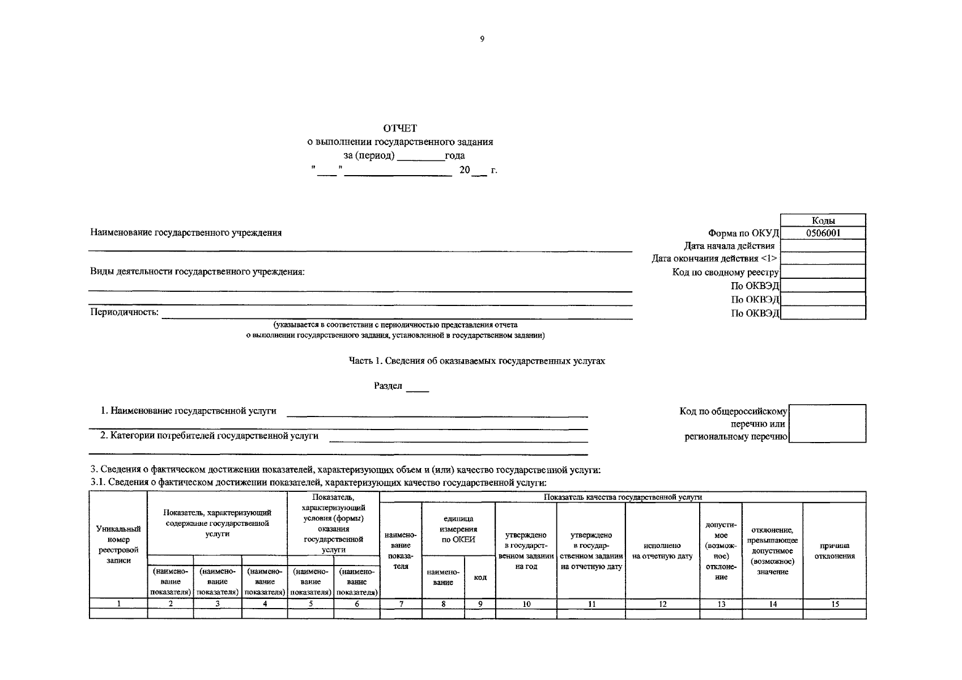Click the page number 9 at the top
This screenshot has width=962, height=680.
click(482, 39)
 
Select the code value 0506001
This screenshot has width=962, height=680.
click(823, 233)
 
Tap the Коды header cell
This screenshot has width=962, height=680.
click(823, 220)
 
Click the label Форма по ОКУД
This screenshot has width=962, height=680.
click(743, 233)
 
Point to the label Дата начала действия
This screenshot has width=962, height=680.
click(729, 246)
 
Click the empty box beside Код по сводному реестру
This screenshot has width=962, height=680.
click(823, 272)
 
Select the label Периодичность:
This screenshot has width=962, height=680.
click(125, 313)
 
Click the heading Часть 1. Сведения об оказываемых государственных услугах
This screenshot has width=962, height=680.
click(476, 361)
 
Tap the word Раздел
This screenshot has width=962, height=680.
click(388, 386)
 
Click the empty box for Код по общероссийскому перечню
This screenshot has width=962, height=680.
click(827, 423)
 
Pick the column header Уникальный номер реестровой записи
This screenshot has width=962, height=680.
click(118, 545)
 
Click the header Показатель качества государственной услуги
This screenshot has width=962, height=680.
click(623, 497)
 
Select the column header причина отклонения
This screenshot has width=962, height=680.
click(835, 551)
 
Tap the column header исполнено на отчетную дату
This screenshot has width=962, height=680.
click(662, 551)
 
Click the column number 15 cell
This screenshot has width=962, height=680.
click(835, 604)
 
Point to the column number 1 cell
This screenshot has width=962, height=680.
click(118, 604)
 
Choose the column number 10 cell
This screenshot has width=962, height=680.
click(526, 604)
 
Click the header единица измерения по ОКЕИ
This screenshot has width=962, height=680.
click(458, 529)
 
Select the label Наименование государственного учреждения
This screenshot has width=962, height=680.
click(186, 233)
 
